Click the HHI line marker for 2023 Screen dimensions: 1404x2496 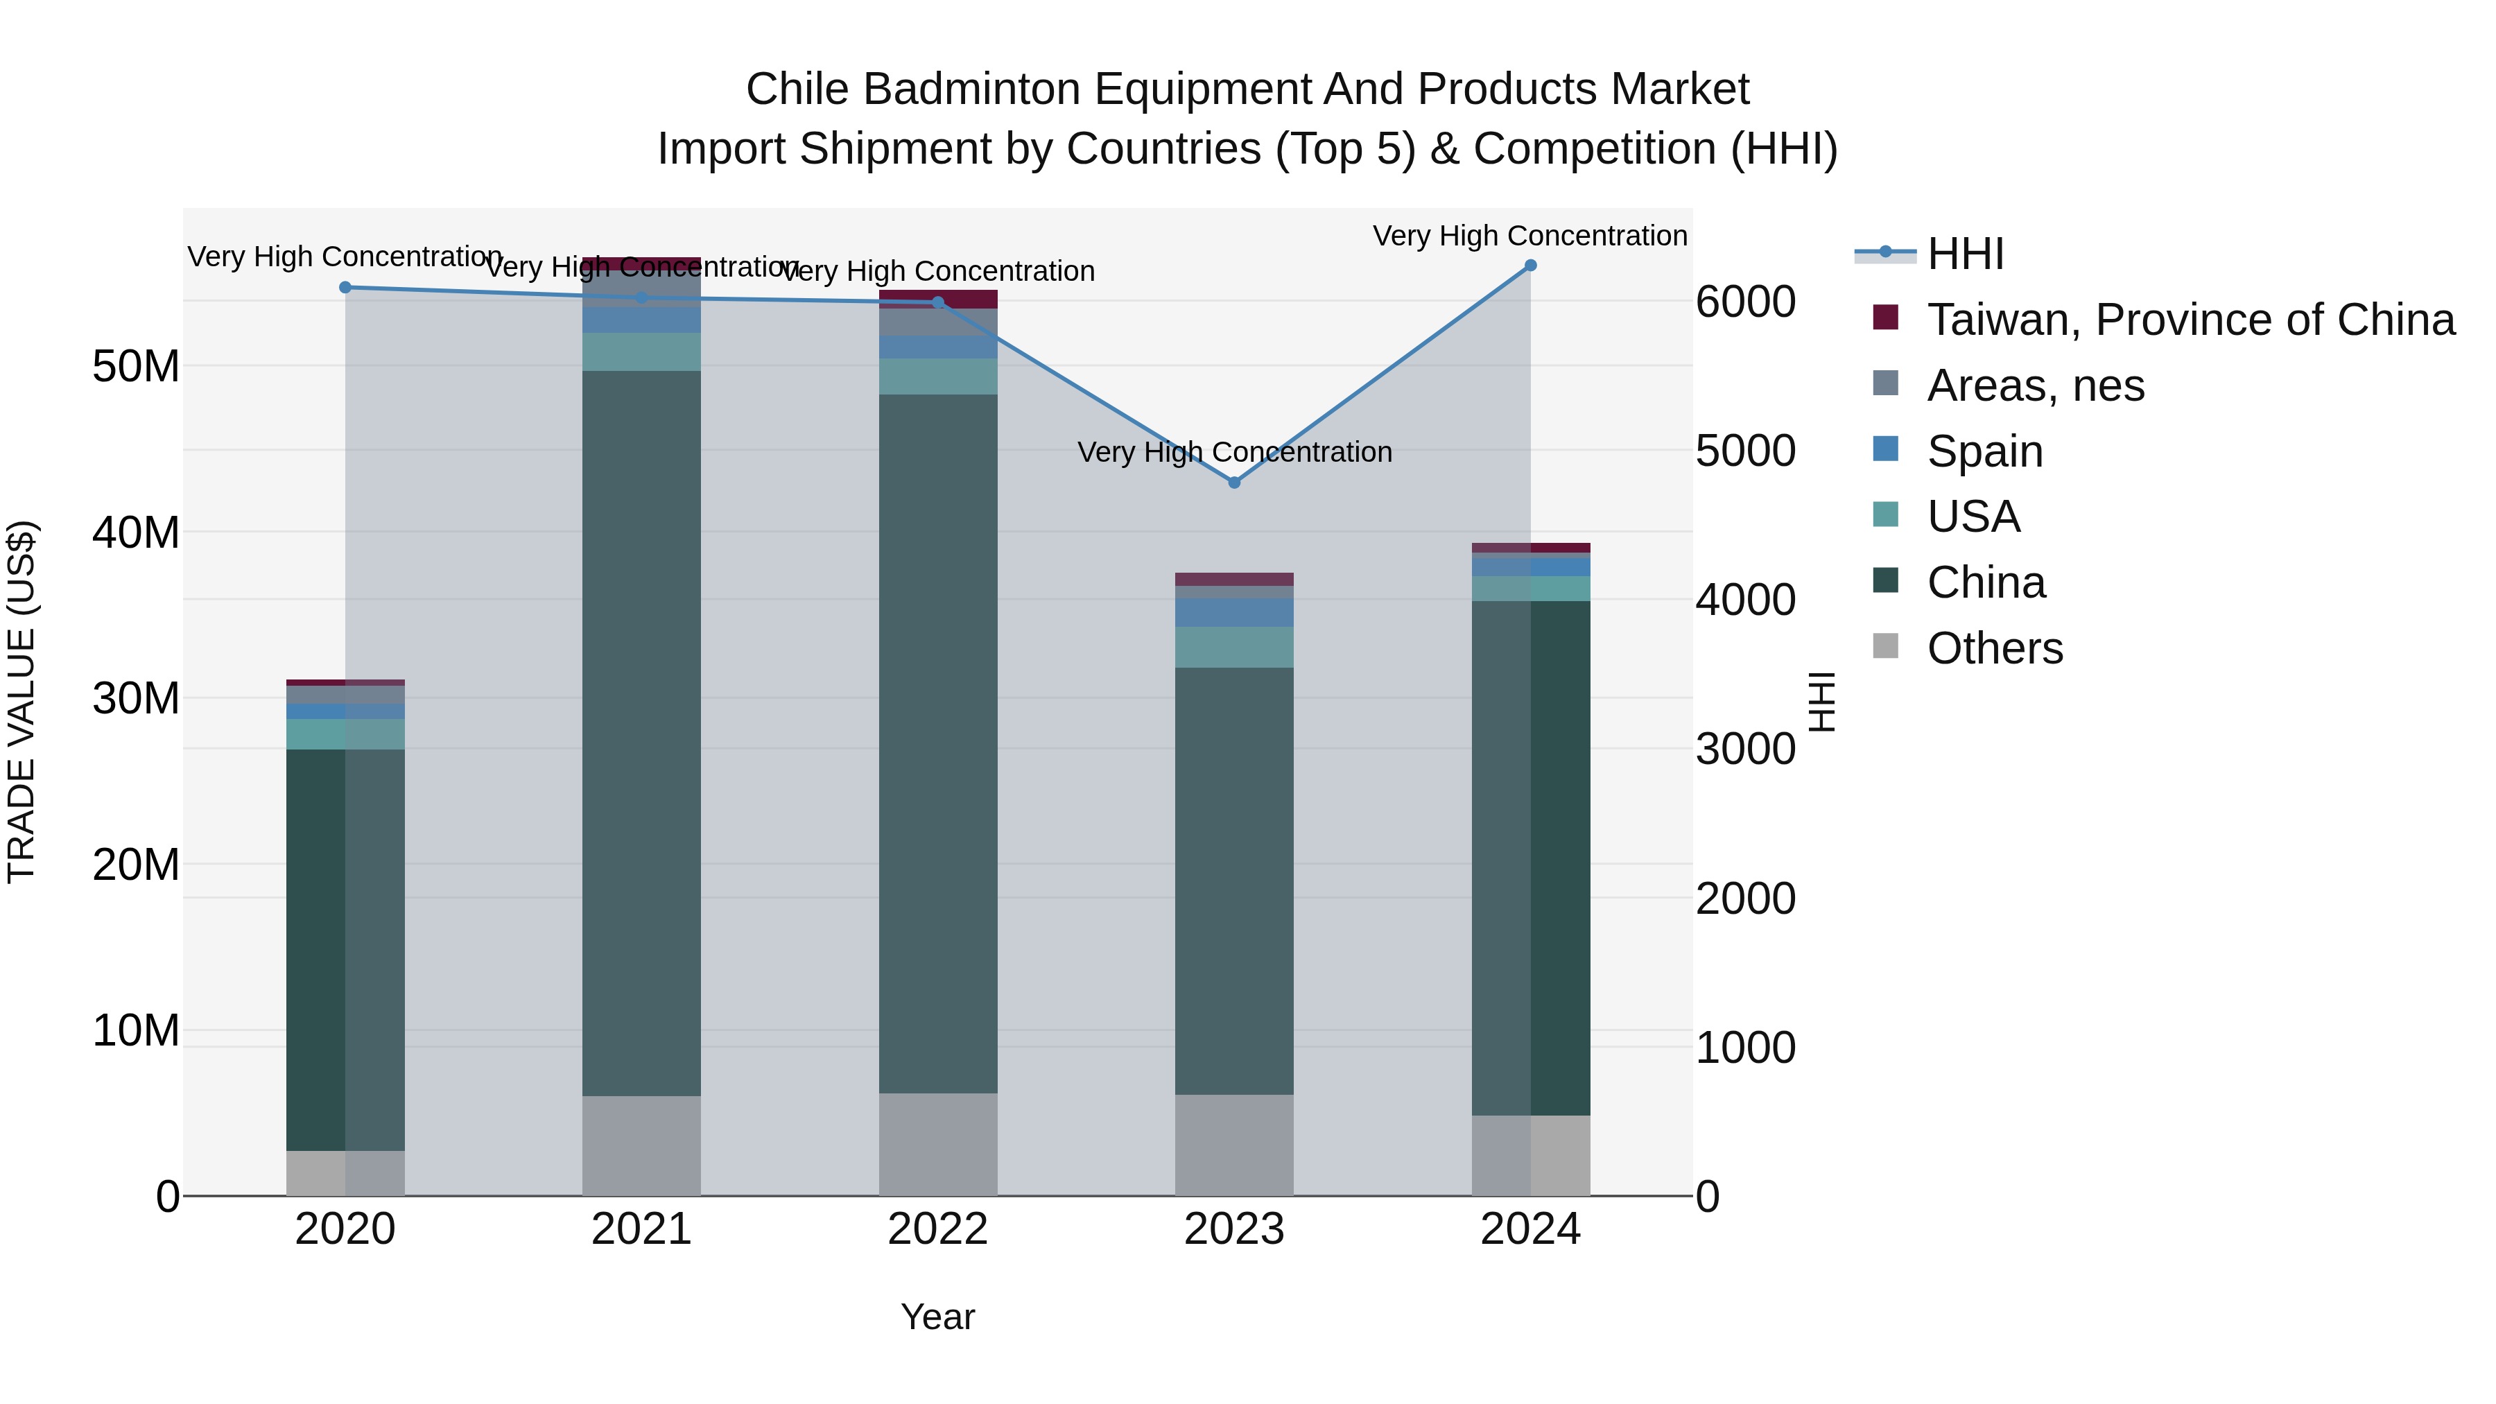pos(1234,483)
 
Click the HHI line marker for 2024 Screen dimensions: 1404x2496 pos(1531,266)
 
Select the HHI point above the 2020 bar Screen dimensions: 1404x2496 pos(345,288)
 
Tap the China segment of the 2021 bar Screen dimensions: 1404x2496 pos(641,733)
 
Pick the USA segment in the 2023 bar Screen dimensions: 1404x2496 pos(1234,648)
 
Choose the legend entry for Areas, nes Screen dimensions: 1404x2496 pos(2035,385)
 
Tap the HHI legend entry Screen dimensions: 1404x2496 pos(1965,254)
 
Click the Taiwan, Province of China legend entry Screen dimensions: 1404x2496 pos(2190,320)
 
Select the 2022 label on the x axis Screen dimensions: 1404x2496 pos(938,1229)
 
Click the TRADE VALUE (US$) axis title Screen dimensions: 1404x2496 pos(21,702)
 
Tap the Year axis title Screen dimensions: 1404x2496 pos(938,1317)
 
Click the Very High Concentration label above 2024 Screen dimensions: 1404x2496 pos(1530,236)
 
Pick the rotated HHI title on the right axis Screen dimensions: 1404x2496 pos(1821,702)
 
